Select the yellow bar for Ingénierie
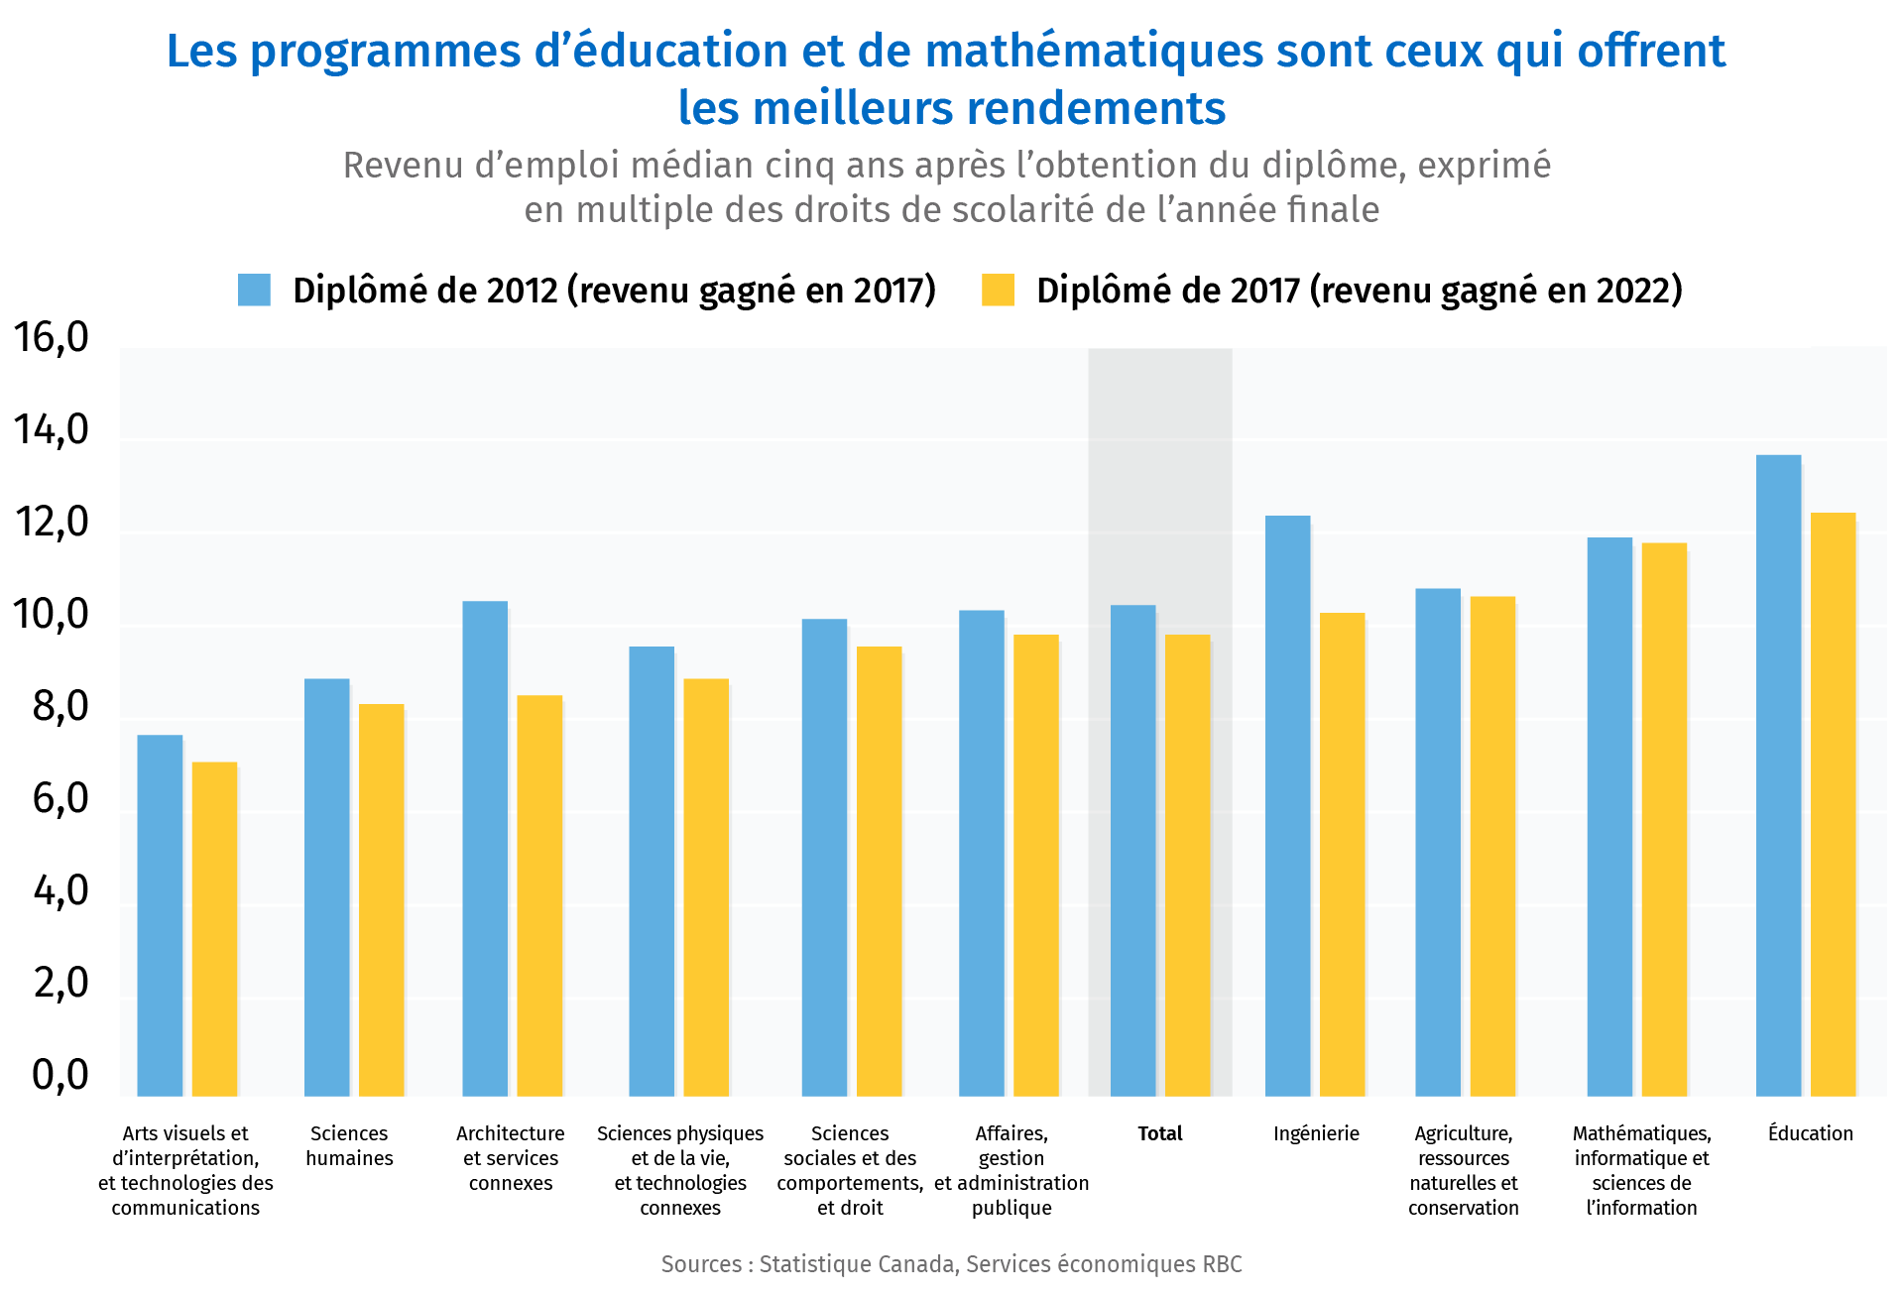1342,854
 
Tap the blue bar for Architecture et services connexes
485,848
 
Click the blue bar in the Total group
1132,850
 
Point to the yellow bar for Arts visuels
214,928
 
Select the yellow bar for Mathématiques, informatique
1664,819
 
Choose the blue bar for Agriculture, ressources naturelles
1437,842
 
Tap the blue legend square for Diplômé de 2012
254,290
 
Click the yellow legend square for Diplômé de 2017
998,290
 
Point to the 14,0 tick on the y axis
51,430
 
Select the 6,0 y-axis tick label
59,799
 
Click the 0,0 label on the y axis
59,1075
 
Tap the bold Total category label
1159,1133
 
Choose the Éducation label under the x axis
1810,1133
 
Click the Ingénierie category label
1316,1133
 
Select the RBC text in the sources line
1222,1264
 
